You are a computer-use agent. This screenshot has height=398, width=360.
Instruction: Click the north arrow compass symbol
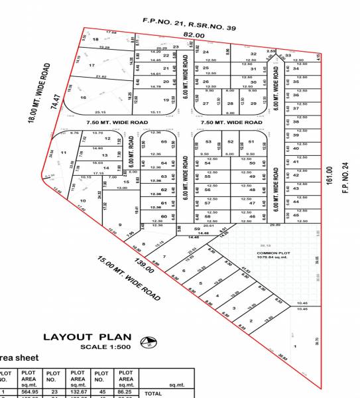point(151,343)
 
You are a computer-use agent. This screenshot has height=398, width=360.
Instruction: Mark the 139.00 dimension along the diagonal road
point(154,267)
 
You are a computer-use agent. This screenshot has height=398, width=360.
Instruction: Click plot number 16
point(84,98)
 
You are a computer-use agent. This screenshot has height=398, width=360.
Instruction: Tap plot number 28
point(230,103)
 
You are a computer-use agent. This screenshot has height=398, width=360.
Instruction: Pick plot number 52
point(230,142)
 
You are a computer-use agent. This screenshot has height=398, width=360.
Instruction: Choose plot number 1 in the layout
point(294,346)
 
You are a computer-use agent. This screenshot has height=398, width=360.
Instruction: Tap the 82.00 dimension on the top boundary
point(193,34)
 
